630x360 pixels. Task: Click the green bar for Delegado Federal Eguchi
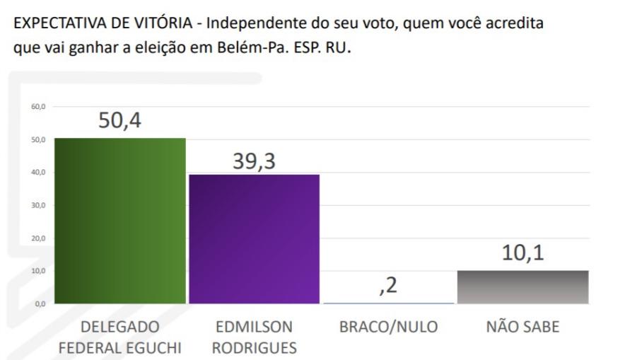pos(119,221)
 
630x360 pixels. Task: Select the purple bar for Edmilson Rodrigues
pos(254,238)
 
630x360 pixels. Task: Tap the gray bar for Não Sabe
pos(523,286)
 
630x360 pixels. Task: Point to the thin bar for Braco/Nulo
pos(388,303)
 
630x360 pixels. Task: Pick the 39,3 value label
pos(254,161)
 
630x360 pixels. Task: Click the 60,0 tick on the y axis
pos(37,106)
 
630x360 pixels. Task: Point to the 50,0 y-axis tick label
pos(37,139)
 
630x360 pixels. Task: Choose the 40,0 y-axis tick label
pos(37,172)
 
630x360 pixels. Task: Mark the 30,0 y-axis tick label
pos(37,205)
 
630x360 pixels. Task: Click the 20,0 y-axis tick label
pos(37,238)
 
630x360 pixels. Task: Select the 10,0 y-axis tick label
pos(37,271)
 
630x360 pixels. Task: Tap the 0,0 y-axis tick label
pos(39,303)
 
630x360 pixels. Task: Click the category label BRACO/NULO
pos(389,327)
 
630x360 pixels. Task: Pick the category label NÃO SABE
pos(523,327)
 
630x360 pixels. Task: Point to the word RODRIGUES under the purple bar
pos(254,348)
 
